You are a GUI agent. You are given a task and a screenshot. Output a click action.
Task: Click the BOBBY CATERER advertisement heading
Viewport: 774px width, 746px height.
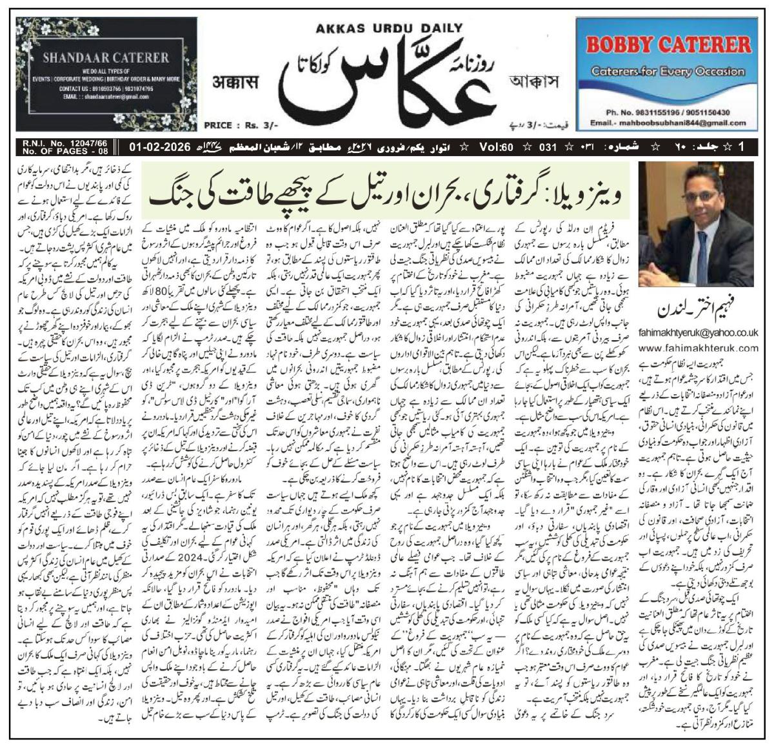669,45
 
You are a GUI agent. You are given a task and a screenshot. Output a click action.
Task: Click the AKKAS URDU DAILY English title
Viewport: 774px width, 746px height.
389,28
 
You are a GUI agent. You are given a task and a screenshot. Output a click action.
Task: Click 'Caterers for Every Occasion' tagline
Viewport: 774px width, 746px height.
668,69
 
